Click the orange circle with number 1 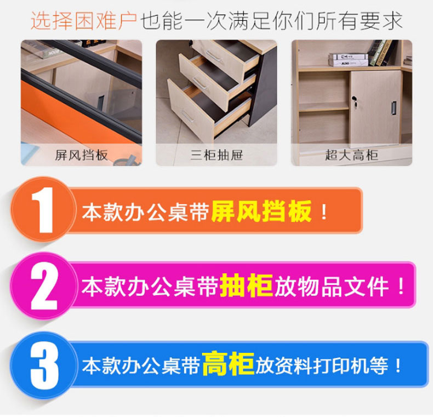(43, 209)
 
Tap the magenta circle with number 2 (43, 286)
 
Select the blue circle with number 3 (43, 365)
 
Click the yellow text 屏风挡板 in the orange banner (261, 211)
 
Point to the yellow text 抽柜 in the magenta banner (246, 285)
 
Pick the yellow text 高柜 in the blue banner (228, 363)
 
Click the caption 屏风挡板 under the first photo (81, 155)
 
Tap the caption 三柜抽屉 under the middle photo (216, 155)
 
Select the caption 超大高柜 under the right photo (351, 155)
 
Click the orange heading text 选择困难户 (83, 20)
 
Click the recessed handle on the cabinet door (394, 108)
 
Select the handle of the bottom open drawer (188, 117)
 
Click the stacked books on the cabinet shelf (348, 60)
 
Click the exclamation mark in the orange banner (324, 212)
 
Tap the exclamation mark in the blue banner (398, 365)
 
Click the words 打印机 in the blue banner (341, 365)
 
